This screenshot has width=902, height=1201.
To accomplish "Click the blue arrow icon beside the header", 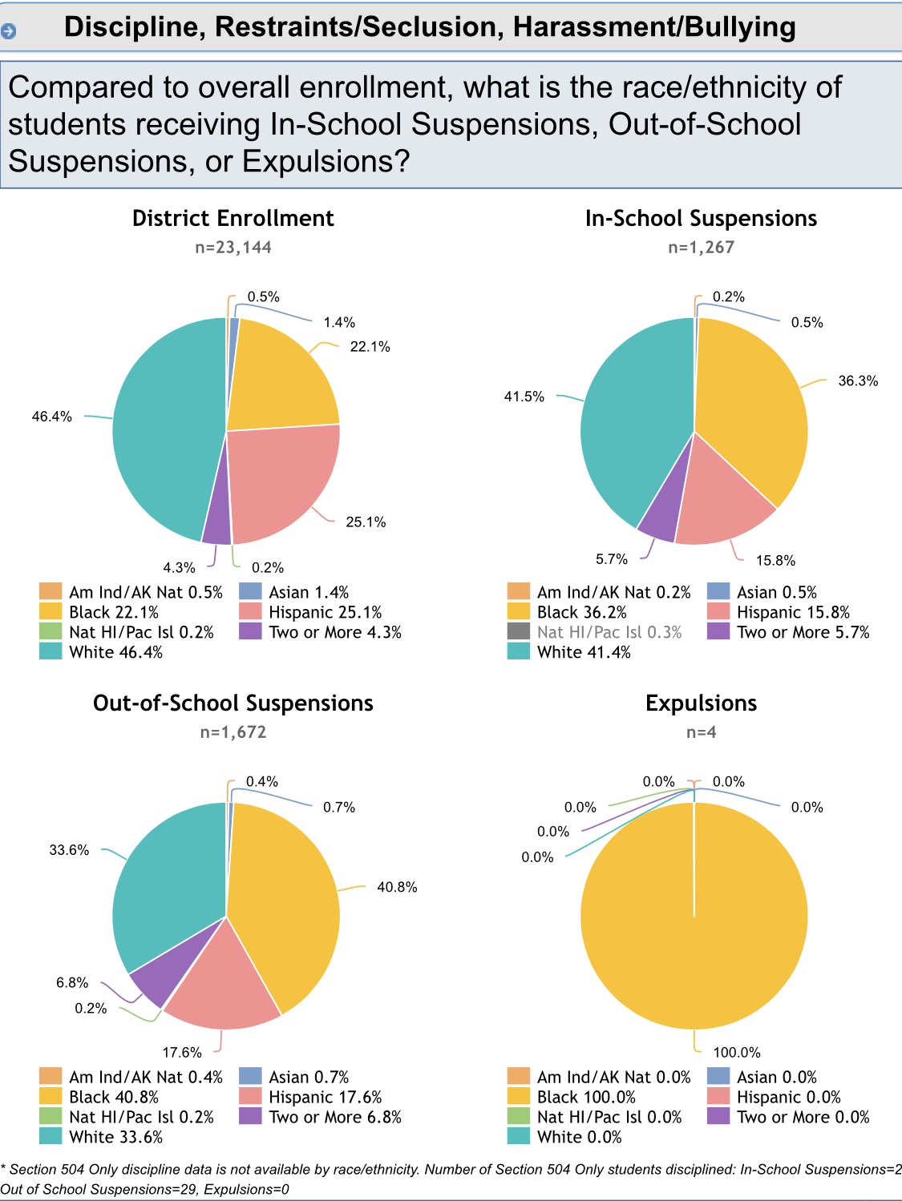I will [9, 31].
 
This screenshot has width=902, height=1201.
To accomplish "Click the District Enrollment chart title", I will [233, 219].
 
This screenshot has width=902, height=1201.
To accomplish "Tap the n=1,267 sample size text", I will [701, 248].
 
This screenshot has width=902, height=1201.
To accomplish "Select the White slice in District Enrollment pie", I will [160, 433].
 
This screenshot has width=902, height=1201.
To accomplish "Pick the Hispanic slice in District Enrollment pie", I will [281, 481].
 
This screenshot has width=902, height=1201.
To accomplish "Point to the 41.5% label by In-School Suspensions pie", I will [524, 397].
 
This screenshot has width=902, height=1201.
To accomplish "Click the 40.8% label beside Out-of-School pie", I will [397, 887].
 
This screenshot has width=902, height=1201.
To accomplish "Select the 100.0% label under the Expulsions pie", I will [737, 1052].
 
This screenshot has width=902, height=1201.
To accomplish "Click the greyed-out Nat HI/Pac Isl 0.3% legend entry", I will [609, 632].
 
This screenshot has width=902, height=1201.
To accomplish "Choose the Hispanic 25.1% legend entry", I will [325, 612].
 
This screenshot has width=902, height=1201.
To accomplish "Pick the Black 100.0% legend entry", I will [585, 1097].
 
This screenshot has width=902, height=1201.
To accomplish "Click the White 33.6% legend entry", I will [115, 1137].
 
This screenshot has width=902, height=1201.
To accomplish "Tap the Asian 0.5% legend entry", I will [776, 592].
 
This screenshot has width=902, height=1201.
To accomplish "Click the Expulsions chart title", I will [701, 703].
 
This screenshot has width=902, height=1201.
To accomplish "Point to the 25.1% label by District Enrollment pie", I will [366, 522].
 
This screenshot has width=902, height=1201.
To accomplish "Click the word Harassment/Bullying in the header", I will [654, 27].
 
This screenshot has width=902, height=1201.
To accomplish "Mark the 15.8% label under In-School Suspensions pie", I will [775, 560].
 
